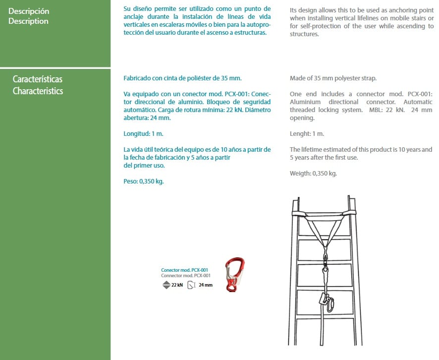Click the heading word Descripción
29,11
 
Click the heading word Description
28,21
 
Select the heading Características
38,79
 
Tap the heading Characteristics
38,91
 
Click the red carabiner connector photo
235,275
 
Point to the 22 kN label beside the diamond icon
177,285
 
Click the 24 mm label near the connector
206,285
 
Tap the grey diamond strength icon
166,285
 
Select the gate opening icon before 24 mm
191,285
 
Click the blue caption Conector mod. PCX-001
184,270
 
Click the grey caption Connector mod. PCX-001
186,276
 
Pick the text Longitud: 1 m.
143,134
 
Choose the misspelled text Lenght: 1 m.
307,134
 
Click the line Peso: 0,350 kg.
144,181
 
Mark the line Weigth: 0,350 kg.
313,174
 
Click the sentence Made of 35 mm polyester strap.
333,78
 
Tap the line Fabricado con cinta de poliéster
182,78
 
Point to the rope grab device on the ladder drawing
326,302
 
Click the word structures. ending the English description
304,34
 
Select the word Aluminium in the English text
305,102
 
